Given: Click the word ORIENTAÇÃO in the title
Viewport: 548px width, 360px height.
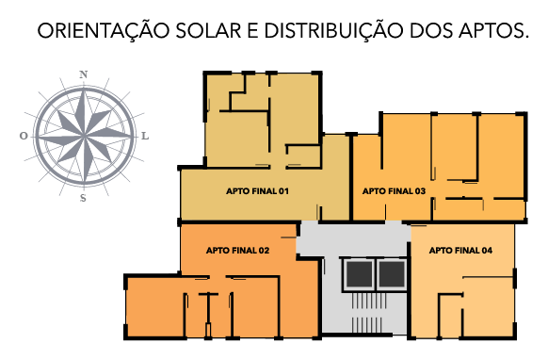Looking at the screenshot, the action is point(104,30).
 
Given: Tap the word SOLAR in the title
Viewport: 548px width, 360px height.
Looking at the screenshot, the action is point(209,30).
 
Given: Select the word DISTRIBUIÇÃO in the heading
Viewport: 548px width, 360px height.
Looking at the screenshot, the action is point(333,31).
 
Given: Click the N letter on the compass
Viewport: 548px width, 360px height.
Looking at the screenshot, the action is point(83,74).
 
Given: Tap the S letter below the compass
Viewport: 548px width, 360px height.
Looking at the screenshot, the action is point(83,198).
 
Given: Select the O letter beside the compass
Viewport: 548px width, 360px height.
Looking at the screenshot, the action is point(24,136).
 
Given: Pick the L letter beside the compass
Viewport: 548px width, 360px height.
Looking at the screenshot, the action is point(145,136).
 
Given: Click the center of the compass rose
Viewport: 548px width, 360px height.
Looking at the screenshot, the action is point(84,136).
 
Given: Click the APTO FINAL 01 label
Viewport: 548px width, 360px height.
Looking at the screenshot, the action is point(257,191).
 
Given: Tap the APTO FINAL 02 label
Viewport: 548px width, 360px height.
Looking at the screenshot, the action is point(237,251).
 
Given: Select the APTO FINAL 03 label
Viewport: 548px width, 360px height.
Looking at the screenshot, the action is point(394,191).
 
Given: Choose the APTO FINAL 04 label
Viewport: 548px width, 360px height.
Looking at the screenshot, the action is point(460,251).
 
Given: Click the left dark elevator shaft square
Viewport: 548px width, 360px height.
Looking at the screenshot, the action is point(360,274).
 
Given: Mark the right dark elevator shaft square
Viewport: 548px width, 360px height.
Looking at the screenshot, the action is point(392,274).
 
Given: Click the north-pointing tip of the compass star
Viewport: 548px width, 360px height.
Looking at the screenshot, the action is point(84,90).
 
